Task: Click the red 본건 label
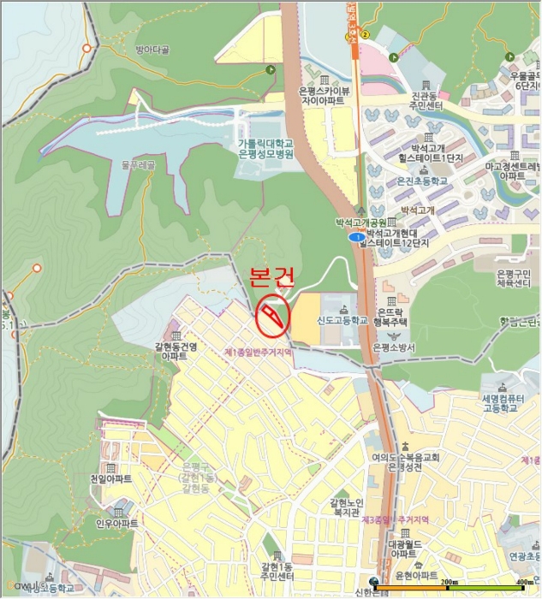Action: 271,276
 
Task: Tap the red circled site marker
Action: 273,316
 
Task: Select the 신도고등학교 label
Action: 342,321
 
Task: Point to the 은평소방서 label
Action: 394,347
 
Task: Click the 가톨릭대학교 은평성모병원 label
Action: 265,149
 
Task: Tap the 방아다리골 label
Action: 152,50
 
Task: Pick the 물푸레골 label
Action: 137,163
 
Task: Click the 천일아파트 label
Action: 110,479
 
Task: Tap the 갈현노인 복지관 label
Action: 346,507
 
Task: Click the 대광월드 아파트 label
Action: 402,549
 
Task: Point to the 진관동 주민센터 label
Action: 426,102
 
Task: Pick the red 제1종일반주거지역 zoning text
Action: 259,352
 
